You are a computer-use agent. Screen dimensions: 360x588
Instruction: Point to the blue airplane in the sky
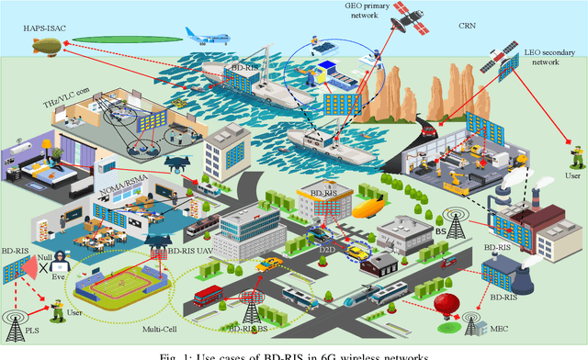(204, 37)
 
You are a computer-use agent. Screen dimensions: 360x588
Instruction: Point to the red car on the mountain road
(426, 130)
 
